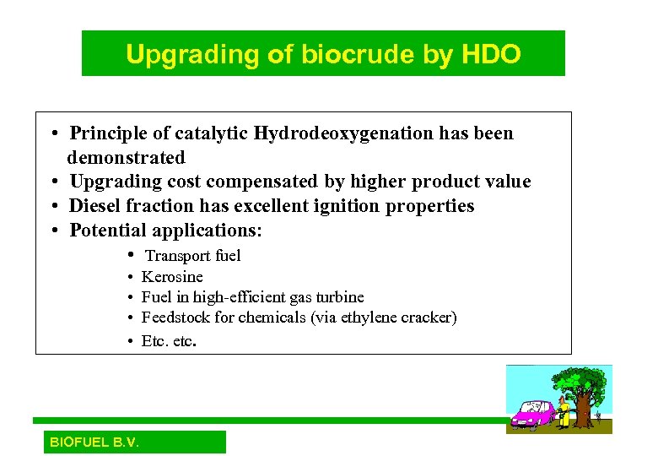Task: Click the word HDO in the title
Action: point(491,55)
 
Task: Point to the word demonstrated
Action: point(126,158)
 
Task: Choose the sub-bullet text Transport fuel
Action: point(193,256)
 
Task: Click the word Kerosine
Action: point(172,277)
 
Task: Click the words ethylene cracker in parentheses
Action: point(396,318)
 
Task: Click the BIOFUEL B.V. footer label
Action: point(94,442)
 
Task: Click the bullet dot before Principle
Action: point(52,134)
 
